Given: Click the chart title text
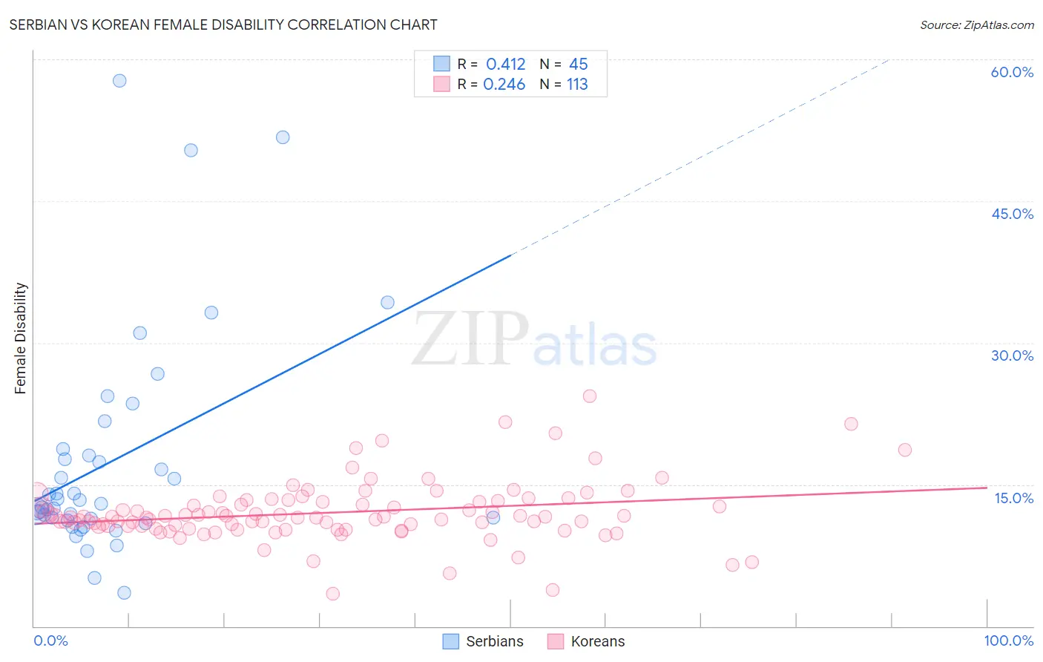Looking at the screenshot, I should (x=223, y=24).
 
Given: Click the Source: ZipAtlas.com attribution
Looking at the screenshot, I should (x=976, y=25).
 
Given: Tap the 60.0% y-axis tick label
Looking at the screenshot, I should (x=1012, y=72).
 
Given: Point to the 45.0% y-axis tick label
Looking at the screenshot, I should (x=1012, y=214).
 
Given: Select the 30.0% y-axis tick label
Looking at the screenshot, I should (x=1012, y=355).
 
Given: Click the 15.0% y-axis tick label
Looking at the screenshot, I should (x=1013, y=498).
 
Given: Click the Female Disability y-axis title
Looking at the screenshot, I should (x=21, y=338).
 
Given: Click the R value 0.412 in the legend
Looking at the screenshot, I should (x=505, y=65).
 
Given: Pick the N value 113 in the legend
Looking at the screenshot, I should (x=577, y=85).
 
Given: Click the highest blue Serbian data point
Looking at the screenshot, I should (x=119, y=81).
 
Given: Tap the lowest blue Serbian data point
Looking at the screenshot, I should (x=124, y=592).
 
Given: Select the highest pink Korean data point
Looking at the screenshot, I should (x=590, y=396).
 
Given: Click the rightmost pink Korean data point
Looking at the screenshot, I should (x=904, y=450).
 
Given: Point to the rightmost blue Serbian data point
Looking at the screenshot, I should (x=493, y=517).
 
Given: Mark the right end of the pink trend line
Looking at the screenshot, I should (x=987, y=488).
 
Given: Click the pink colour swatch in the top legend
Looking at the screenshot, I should (x=441, y=85).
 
